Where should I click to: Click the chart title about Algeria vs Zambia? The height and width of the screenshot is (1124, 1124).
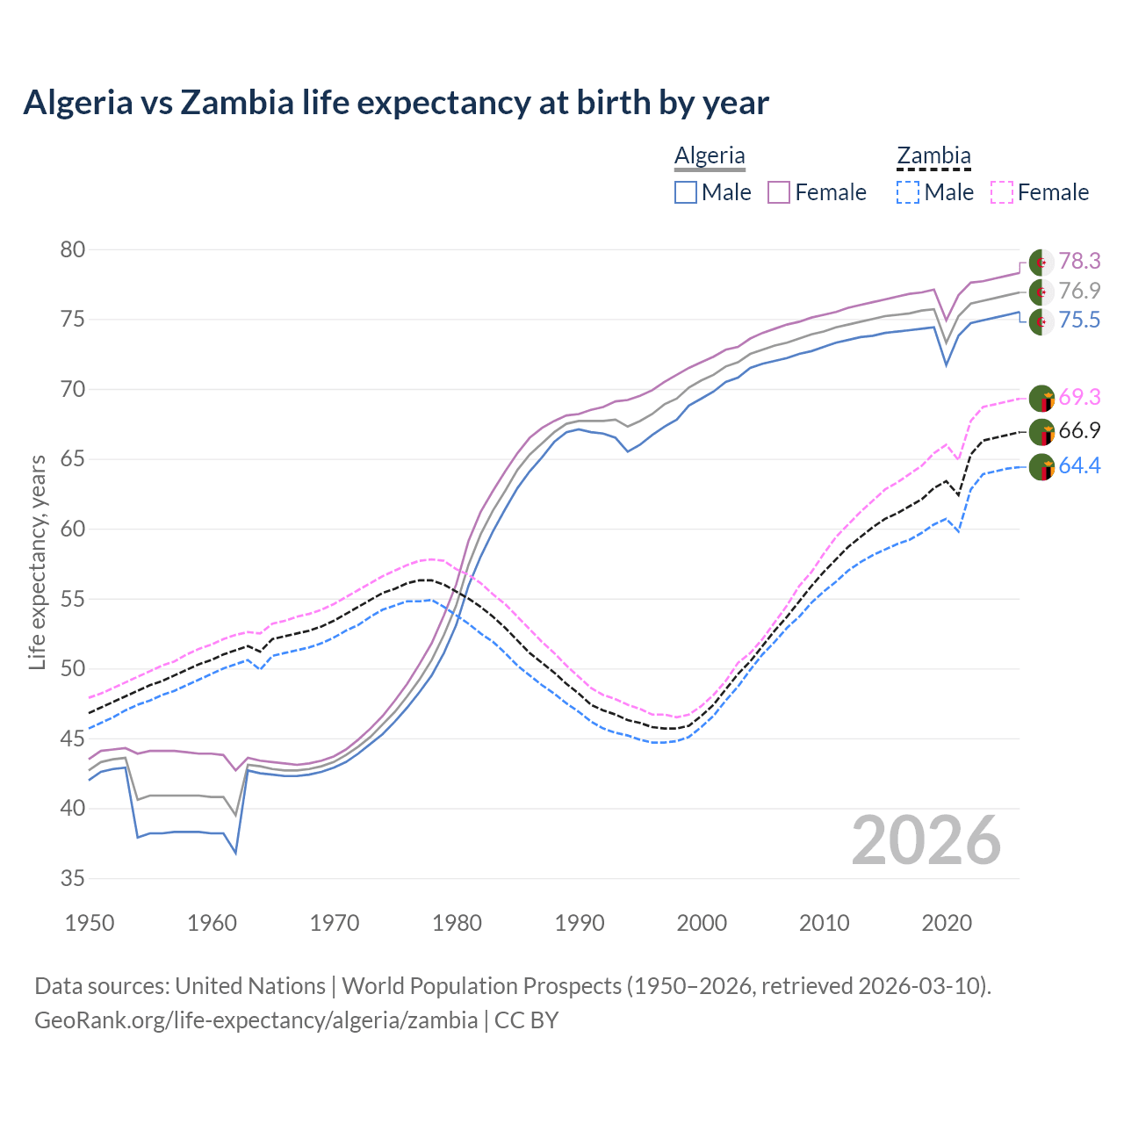pyautogui.click(x=396, y=103)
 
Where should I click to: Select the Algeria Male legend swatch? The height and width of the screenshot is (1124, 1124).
pyautogui.click(x=686, y=192)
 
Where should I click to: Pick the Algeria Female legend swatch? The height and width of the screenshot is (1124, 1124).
pyautogui.click(x=780, y=192)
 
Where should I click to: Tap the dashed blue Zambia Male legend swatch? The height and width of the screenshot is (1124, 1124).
pyautogui.click(x=908, y=192)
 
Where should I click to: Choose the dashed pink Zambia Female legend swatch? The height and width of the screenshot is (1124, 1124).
pyautogui.click(x=1002, y=192)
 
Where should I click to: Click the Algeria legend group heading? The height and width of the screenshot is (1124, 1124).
pyautogui.click(x=710, y=155)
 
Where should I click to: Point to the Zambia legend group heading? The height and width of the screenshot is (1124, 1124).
pyautogui.click(x=933, y=155)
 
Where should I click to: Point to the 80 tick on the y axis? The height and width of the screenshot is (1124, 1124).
pyautogui.click(x=72, y=250)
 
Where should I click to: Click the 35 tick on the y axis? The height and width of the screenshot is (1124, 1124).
pyautogui.click(x=72, y=878)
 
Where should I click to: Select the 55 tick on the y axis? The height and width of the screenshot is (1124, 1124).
pyautogui.click(x=72, y=600)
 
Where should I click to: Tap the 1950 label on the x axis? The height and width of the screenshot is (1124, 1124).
pyautogui.click(x=90, y=923)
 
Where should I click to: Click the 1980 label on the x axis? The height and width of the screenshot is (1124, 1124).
pyautogui.click(x=457, y=923)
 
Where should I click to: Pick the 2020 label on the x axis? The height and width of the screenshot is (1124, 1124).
pyautogui.click(x=947, y=923)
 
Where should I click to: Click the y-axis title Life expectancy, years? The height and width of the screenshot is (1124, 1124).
pyautogui.click(x=37, y=562)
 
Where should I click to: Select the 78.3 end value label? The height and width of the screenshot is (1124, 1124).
pyautogui.click(x=1079, y=262)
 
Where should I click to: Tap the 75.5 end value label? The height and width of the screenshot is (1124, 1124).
pyautogui.click(x=1079, y=321)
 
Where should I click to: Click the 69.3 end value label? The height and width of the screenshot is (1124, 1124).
pyautogui.click(x=1079, y=398)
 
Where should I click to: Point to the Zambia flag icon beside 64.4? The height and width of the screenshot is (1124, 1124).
pyautogui.click(x=1041, y=467)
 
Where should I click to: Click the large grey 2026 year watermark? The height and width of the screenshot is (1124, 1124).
pyautogui.click(x=926, y=840)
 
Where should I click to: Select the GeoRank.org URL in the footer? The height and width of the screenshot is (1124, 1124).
pyautogui.click(x=256, y=1020)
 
